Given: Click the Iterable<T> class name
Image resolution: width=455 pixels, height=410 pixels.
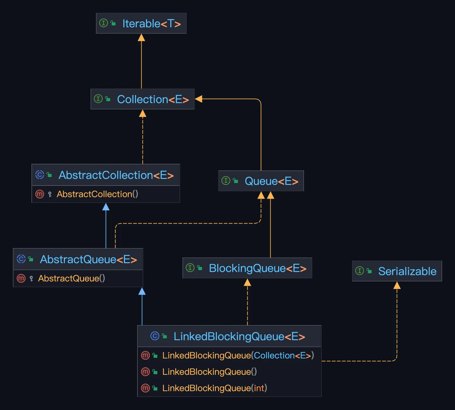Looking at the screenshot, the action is [x=152, y=24].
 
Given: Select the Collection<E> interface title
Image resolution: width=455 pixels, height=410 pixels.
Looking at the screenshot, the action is [x=153, y=99].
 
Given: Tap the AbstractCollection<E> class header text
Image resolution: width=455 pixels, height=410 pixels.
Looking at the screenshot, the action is [x=116, y=175].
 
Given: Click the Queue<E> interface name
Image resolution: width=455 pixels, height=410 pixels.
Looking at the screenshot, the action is [x=272, y=181].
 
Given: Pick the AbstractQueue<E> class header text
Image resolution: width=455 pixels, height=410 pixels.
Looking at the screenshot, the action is [x=88, y=259].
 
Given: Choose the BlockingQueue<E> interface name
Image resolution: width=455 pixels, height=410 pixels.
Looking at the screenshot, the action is [x=258, y=268].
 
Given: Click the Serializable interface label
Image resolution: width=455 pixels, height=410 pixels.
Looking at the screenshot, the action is [x=407, y=271].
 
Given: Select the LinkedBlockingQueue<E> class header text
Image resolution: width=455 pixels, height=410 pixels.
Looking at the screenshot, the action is [x=239, y=336].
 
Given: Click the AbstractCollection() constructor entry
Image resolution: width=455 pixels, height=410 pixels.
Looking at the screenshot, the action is [x=97, y=194].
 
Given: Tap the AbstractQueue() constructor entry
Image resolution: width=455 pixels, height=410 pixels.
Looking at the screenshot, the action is [x=71, y=278].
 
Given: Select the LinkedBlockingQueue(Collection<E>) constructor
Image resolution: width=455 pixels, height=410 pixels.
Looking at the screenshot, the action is [x=238, y=355].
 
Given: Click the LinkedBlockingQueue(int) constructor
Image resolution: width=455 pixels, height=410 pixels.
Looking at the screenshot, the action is [x=215, y=388].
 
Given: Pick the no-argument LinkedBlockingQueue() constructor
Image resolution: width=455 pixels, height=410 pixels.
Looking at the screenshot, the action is [x=209, y=372].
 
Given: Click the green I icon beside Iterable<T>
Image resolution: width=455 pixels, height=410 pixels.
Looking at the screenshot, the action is [x=104, y=23].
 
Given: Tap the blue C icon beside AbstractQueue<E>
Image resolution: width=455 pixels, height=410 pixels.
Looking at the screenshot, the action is [x=21, y=259].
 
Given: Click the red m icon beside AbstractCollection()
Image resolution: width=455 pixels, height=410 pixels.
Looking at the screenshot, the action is [x=40, y=194].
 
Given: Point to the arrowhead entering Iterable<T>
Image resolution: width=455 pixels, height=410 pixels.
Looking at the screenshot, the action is [x=141, y=38].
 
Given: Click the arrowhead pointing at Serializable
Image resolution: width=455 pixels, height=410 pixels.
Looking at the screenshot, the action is [x=397, y=285].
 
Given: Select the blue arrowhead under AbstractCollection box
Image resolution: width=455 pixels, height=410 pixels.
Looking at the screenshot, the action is [x=106, y=207].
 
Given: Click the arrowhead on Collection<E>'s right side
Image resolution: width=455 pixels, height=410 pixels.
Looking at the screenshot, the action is [x=199, y=99].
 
